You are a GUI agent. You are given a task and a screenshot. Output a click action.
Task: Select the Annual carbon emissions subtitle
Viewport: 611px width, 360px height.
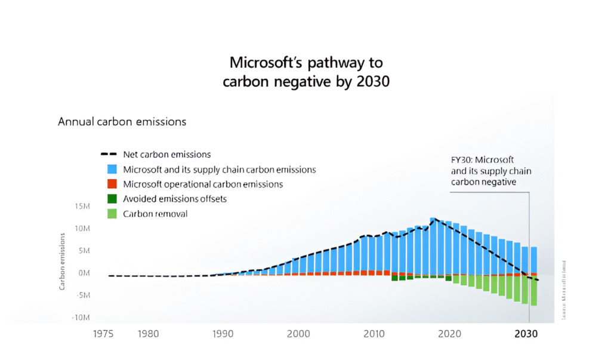(x=122, y=122)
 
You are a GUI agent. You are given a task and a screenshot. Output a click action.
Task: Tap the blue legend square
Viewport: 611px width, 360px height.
(x=112, y=170)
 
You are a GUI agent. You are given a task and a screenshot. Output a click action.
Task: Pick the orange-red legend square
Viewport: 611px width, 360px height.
(x=112, y=184)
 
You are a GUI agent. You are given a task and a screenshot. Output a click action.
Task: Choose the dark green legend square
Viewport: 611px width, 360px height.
(x=112, y=199)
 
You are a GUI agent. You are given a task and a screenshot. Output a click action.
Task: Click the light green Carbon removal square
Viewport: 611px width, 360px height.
(x=112, y=214)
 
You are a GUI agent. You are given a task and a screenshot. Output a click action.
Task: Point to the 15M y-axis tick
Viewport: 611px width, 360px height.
(x=81, y=206)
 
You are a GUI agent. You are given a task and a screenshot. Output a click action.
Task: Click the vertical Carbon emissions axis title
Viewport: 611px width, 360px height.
(x=62, y=262)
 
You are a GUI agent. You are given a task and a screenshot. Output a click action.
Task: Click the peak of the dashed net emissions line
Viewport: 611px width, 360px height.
(x=433, y=219)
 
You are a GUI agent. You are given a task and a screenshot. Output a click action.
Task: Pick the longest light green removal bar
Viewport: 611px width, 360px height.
(x=533, y=291)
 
